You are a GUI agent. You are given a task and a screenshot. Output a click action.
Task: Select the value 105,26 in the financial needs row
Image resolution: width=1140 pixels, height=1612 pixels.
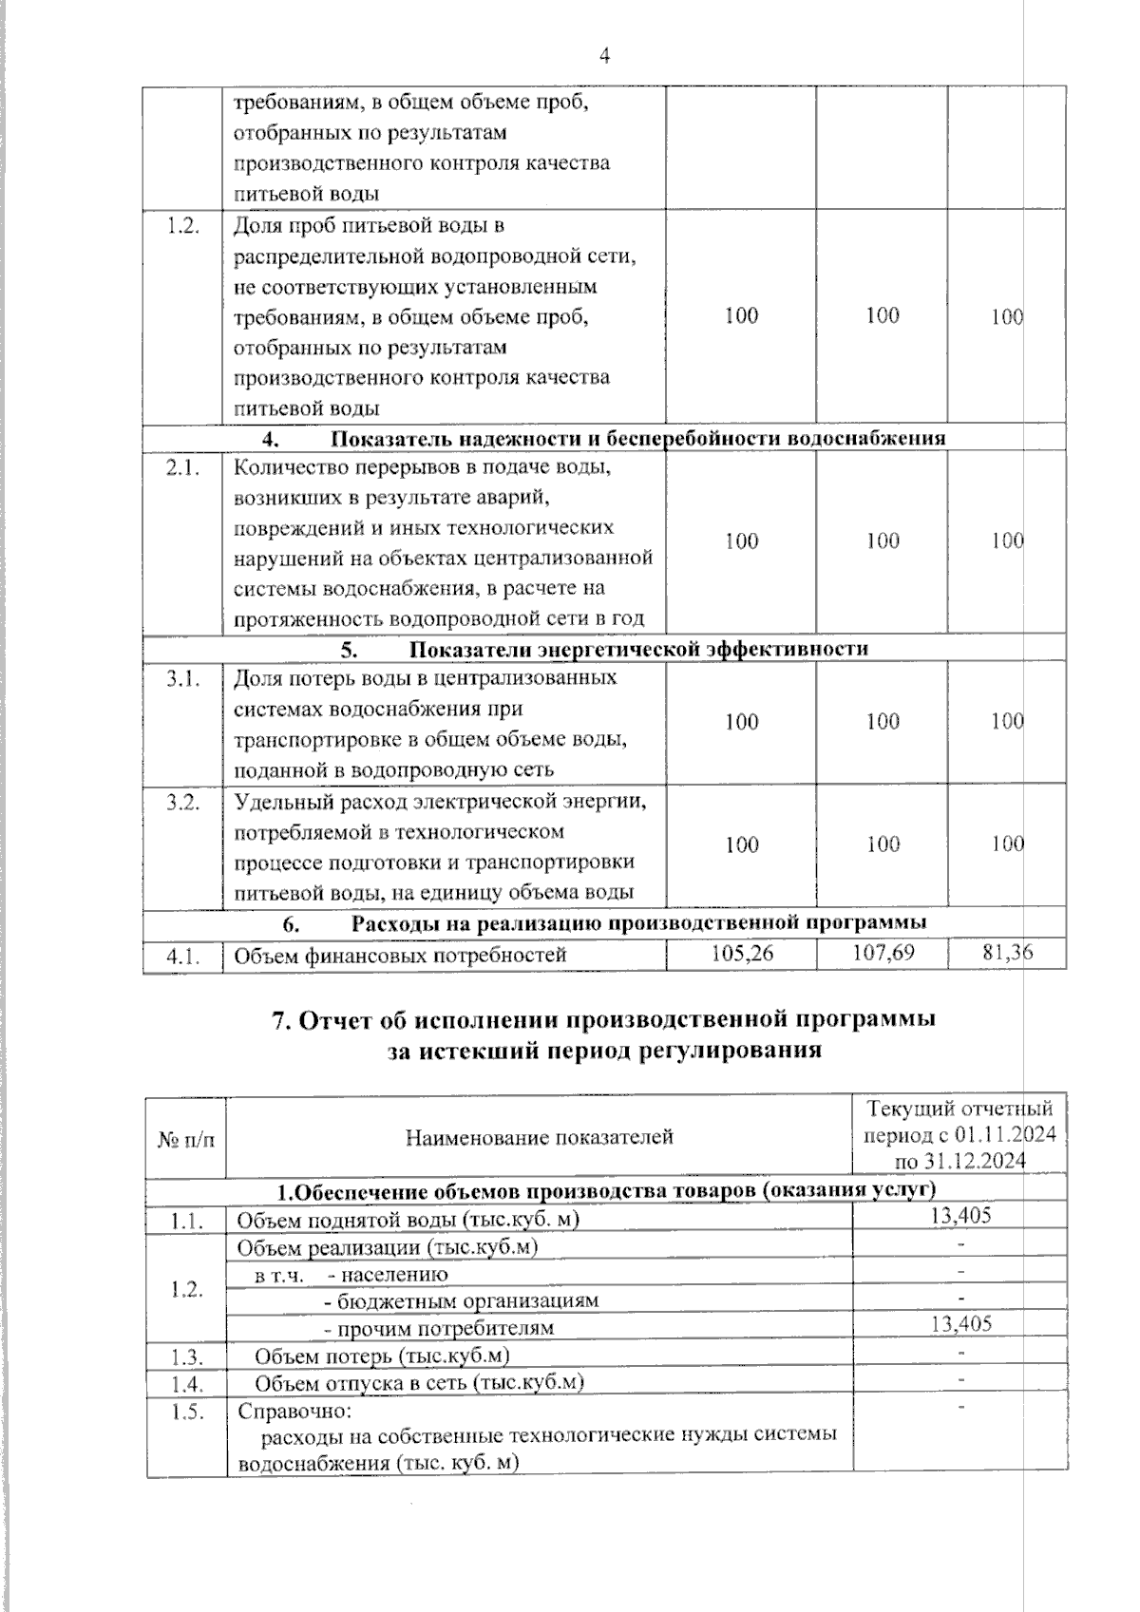(x=742, y=952)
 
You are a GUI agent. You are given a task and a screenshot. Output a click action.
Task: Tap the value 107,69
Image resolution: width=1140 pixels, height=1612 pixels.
(x=883, y=952)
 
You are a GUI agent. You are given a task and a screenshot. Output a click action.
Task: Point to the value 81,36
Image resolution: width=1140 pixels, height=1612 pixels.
(x=1007, y=952)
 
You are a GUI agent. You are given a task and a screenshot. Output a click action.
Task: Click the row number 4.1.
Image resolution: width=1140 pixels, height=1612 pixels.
(x=181, y=955)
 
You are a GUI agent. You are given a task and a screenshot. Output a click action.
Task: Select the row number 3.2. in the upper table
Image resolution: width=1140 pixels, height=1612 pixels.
(x=181, y=803)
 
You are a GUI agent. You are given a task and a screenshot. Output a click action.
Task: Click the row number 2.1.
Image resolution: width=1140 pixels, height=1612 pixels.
(x=181, y=467)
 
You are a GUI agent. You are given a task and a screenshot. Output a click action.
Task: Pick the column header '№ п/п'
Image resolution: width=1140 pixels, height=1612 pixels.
(x=186, y=1138)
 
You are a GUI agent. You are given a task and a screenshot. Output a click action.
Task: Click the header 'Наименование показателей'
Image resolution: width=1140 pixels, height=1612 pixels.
(x=539, y=1137)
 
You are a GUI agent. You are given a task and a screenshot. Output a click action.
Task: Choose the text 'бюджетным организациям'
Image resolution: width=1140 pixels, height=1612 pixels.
(x=468, y=1300)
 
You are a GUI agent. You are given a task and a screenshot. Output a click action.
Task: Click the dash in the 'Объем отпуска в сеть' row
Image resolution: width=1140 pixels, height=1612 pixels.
(x=961, y=1378)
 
